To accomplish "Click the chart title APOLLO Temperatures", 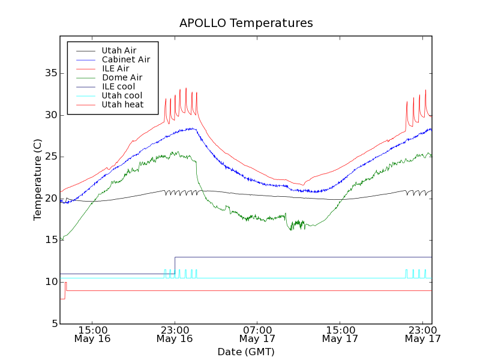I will pos(246,23).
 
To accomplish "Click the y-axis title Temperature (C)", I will pos(38,179).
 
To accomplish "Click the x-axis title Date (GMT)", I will pos(246,352).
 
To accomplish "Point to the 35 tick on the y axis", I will pos(50,73).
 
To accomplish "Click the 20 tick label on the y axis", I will pos(50,199).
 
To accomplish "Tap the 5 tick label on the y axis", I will pos(53,324).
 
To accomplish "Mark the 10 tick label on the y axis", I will pos(50,282).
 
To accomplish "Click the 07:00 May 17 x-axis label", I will pos(257,334).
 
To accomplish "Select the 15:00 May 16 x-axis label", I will pos(92,334).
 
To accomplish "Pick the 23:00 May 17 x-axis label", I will pos(423,334).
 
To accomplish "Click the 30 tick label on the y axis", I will pos(50,115).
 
